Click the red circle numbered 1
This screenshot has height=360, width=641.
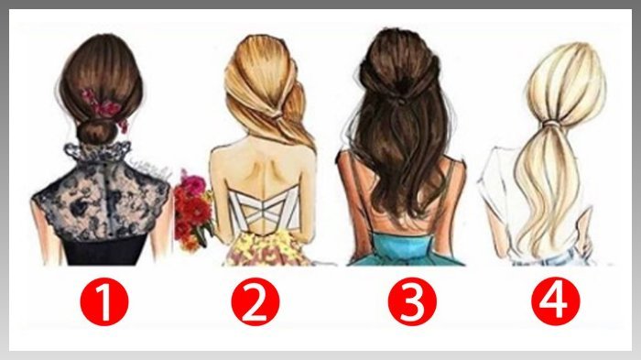pos(104,302)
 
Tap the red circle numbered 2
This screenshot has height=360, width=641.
pos(255,302)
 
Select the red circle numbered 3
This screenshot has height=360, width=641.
pos(412,302)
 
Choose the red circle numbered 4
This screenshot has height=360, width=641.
pos(556,302)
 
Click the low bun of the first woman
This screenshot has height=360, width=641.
pos(96,132)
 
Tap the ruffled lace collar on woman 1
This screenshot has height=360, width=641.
pos(98,152)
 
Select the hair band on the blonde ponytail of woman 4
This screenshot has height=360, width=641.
pos(551,123)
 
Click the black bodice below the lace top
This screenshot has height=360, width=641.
pos(105,249)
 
